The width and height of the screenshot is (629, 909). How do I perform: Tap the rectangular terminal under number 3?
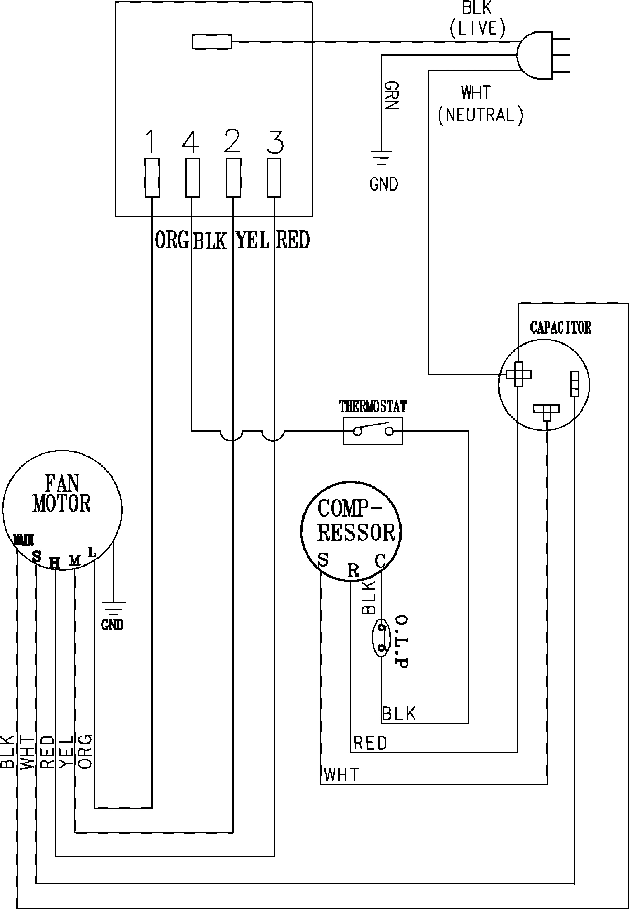click(x=274, y=178)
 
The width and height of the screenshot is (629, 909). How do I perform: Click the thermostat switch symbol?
click(x=373, y=430)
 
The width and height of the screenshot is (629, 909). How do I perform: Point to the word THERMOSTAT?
click(x=372, y=406)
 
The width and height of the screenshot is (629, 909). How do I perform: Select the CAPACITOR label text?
click(x=560, y=328)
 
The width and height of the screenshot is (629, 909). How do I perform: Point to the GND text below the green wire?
click(x=384, y=184)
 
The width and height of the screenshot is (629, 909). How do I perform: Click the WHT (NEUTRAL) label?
click(x=480, y=105)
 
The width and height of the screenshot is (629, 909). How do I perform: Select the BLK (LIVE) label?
click(x=477, y=20)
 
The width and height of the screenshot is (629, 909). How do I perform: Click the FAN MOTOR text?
click(x=62, y=494)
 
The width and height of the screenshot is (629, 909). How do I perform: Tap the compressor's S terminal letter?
click(x=323, y=560)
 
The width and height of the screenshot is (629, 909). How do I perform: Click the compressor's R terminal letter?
click(x=354, y=571)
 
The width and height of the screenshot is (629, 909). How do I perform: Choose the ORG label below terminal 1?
click(x=172, y=240)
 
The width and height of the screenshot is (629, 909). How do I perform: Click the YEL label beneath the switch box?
click(x=252, y=240)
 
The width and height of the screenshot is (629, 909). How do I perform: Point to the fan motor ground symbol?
click(x=113, y=607)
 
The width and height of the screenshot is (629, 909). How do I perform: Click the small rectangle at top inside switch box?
click(x=212, y=42)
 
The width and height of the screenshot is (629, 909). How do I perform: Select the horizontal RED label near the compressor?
click(x=370, y=743)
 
